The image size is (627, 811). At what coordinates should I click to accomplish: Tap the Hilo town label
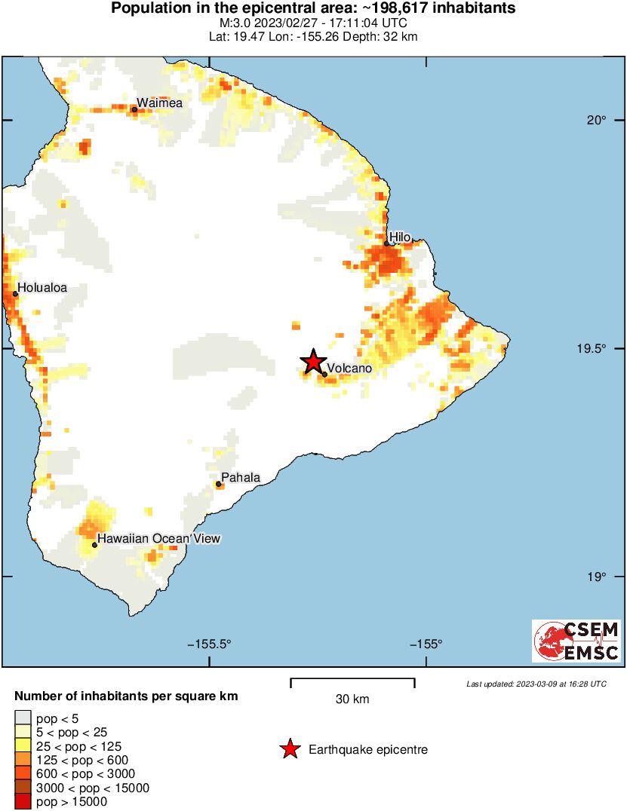point(400,237)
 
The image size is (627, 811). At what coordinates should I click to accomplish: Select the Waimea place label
point(159,103)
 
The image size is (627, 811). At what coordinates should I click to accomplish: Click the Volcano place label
point(350,368)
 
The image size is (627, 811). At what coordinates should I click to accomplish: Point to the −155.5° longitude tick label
point(209,644)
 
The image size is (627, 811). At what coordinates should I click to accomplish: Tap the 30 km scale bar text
point(352,699)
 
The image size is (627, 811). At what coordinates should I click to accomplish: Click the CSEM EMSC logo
point(576,641)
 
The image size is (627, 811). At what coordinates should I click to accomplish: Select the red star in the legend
point(289,749)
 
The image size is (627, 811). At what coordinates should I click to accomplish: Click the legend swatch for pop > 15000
point(23,801)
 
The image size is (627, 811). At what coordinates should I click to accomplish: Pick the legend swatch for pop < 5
point(23,717)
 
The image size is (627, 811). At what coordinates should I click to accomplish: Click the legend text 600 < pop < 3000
point(86,773)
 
